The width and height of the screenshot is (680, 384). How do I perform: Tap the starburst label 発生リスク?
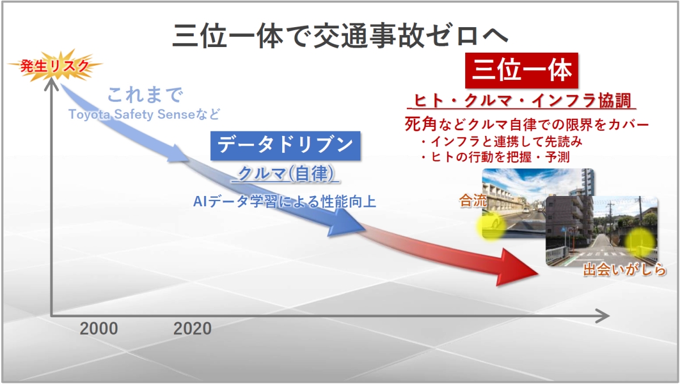coord(55,66)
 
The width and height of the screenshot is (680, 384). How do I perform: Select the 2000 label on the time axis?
coord(99,328)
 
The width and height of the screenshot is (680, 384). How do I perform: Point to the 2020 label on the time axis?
coord(192,328)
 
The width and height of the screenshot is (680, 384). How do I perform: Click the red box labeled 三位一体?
coord(522,71)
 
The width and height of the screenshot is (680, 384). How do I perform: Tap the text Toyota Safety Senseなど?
coord(144,114)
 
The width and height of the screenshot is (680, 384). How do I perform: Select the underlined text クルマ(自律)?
coord(285,174)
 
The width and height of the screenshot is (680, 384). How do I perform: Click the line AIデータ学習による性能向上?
coord(284,201)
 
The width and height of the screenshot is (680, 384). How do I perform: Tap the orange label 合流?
coord(473,201)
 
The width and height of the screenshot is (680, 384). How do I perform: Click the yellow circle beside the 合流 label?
coord(490,226)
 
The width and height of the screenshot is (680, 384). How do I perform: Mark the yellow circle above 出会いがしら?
coord(640,242)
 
